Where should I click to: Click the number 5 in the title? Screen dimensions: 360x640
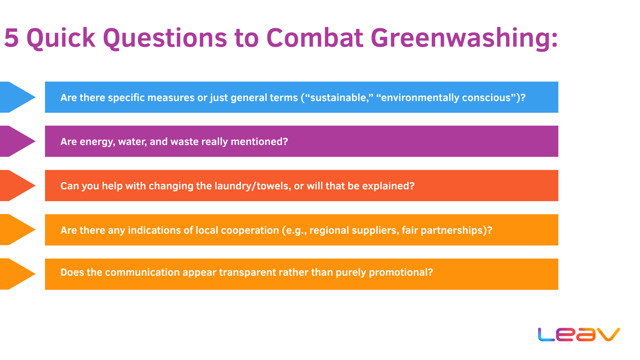point(11,38)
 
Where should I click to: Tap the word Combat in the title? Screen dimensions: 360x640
point(314,38)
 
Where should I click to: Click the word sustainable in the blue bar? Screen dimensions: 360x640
point(338,98)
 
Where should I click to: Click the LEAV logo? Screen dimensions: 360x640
point(579,334)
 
